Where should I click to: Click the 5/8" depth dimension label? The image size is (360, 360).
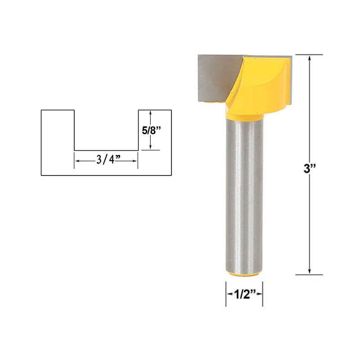pyautogui.click(x=151, y=130)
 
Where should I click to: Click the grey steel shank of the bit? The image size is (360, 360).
pyautogui.click(x=244, y=195)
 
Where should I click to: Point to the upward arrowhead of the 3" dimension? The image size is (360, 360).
pyautogui.click(x=310, y=58)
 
